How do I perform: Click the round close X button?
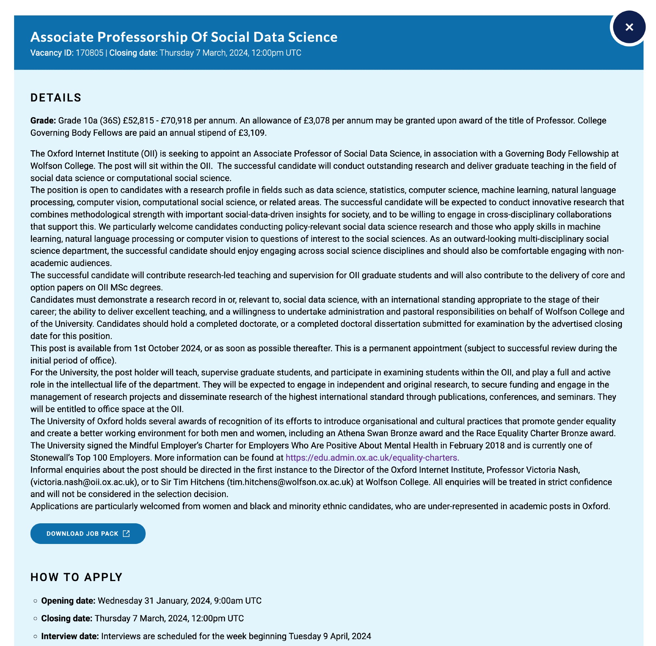pos(628,27)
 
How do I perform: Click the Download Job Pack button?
pos(88,533)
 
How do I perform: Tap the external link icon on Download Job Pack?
pos(126,533)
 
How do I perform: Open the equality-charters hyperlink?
pos(372,458)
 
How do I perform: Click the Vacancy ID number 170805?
pos(89,53)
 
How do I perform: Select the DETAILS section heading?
pos(56,98)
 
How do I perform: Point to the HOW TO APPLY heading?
pos(76,577)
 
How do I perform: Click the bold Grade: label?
pos(43,121)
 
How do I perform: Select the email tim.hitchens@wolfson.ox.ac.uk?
pos(290,482)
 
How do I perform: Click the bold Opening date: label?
pos(68,600)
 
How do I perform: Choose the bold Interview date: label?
pos(70,636)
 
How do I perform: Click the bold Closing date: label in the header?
pos(133,53)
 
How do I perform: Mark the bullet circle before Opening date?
pos(35,601)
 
